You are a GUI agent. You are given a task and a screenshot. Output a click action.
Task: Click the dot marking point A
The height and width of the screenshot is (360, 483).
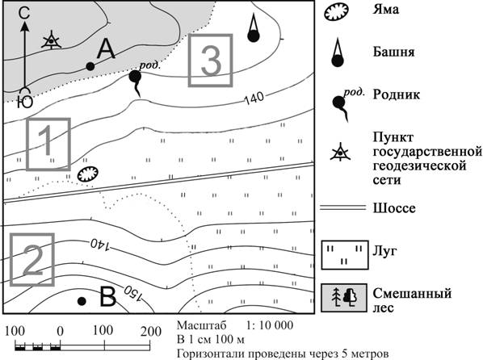pyautogui.click(x=90, y=66)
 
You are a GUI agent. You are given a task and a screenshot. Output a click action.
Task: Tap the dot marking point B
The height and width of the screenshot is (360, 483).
pyautogui.click(x=82, y=301)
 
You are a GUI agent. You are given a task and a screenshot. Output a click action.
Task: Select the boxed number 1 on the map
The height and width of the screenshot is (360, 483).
pyautogui.click(x=48, y=144)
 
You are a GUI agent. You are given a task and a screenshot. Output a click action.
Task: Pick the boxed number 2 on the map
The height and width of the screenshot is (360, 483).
pyautogui.click(x=32, y=259)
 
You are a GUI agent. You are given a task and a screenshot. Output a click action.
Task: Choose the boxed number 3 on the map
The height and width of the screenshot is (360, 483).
pyautogui.click(x=210, y=60)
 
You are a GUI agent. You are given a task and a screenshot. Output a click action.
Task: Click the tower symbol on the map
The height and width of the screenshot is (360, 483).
pyautogui.click(x=253, y=27)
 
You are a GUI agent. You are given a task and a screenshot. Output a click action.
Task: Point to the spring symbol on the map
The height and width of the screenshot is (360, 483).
pyautogui.click(x=136, y=82)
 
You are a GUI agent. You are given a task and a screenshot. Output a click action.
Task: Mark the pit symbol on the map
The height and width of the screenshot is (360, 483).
pyautogui.click(x=88, y=174)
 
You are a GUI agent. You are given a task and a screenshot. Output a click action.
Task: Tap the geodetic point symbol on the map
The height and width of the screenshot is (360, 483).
pyautogui.click(x=51, y=40)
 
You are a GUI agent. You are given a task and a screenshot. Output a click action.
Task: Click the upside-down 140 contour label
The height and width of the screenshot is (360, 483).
pyautogui.click(x=100, y=245)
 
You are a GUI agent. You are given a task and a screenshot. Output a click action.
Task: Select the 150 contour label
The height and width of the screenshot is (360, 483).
pyautogui.click(x=134, y=293)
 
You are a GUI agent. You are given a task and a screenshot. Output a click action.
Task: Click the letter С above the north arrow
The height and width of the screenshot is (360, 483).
pyautogui.click(x=24, y=13)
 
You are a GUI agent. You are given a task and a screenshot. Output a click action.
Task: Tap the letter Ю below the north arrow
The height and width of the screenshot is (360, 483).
pyautogui.click(x=24, y=103)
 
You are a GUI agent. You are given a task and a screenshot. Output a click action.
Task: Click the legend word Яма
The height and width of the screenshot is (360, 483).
pyautogui.click(x=385, y=10)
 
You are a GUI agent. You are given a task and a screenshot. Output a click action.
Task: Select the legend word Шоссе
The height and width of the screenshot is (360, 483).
pyautogui.click(x=394, y=208)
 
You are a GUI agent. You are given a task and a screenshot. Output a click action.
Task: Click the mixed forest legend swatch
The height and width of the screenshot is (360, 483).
pyautogui.click(x=344, y=298)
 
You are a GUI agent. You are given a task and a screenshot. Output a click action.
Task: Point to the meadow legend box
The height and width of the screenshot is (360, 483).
pyautogui.click(x=345, y=255)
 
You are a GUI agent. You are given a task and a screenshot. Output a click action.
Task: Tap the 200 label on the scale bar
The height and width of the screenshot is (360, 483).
pyautogui.click(x=151, y=332)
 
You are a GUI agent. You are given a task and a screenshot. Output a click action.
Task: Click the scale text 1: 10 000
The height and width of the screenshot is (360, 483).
pyautogui.click(x=270, y=325)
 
